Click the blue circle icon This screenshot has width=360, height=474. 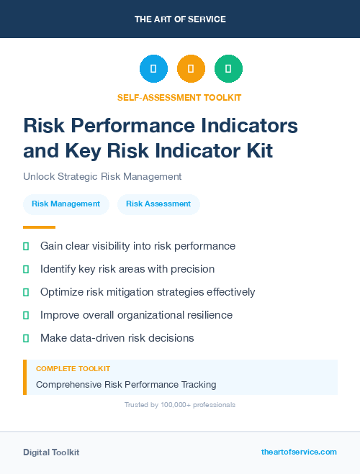coord(153,69)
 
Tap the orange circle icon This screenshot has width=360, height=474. coord(191,69)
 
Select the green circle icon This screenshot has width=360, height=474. coord(228,69)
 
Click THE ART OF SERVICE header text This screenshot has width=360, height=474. coord(180,19)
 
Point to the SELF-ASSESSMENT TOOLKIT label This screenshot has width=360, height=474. coord(179,98)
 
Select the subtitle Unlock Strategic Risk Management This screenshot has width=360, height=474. coord(102,176)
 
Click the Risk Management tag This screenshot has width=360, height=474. coord(66,204)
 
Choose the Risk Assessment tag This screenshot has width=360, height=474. coord(158,204)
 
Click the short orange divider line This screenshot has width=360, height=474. coord(40,227)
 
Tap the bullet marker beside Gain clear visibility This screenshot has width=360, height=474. coord(27,246)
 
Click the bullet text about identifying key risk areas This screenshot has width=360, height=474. coord(127,269)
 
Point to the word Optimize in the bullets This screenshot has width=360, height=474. coord(63,292)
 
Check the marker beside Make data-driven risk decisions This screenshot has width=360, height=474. coord(27,338)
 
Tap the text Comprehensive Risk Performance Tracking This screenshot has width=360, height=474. coord(126,384)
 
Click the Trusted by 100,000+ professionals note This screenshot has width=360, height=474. coord(180,405)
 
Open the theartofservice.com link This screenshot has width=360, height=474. coord(299,452)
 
